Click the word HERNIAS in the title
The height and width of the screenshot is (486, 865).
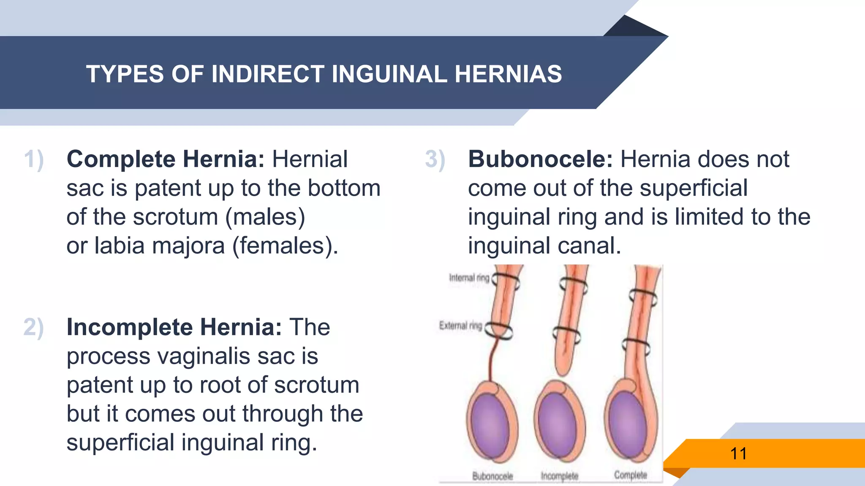pyautogui.click(x=508, y=74)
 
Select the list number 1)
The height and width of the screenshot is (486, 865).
pyautogui.click(x=34, y=160)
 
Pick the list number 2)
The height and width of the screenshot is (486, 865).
pyautogui.click(x=34, y=328)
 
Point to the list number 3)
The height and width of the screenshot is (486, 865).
pyautogui.click(x=435, y=160)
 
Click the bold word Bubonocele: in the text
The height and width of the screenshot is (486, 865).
pyautogui.click(x=540, y=159)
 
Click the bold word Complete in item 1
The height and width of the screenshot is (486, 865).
pyautogui.click(x=121, y=159)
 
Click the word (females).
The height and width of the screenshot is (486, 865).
pyautogui.click(x=286, y=246)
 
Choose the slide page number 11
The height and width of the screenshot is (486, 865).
pyautogui.click(x=738, y=454)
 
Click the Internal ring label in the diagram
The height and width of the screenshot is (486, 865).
pyautogui.click(x=469, y=278)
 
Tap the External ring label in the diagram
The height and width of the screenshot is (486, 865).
pyautogui.click(x=460, y=326)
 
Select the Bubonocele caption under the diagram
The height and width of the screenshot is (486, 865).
pyautogui.click(x=492, y=476)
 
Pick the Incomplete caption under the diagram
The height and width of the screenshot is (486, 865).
pyautogui.click(x=560, y=476)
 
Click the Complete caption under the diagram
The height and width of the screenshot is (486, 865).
pyautogui.click(x=631, y=475)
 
